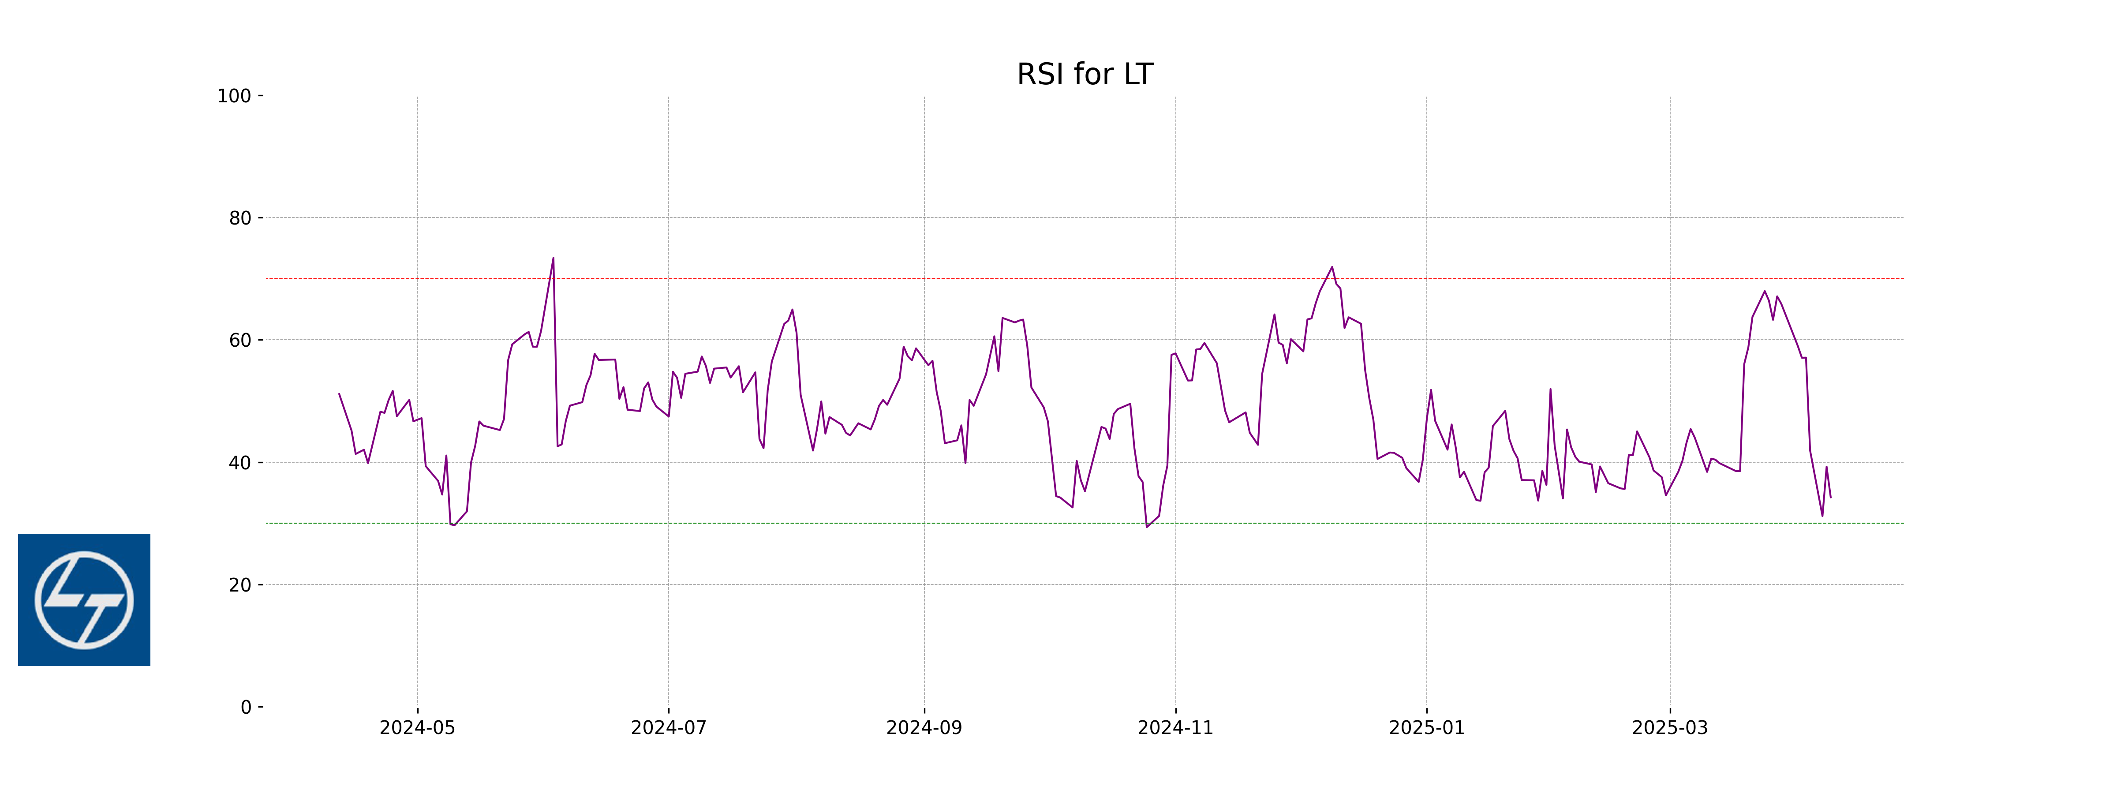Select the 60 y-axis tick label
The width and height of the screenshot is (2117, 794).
tap(240, 340)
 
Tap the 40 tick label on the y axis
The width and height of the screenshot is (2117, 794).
tap(240, 463)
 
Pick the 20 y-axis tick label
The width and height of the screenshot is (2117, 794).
tap(240, 585)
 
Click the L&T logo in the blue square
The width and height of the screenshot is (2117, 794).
tap(84, 600)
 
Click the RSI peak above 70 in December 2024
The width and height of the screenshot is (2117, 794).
tap(1332, 267)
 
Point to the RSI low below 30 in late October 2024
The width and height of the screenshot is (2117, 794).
tap(1147, 527)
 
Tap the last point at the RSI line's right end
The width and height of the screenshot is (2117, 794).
tap(1830, 497)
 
